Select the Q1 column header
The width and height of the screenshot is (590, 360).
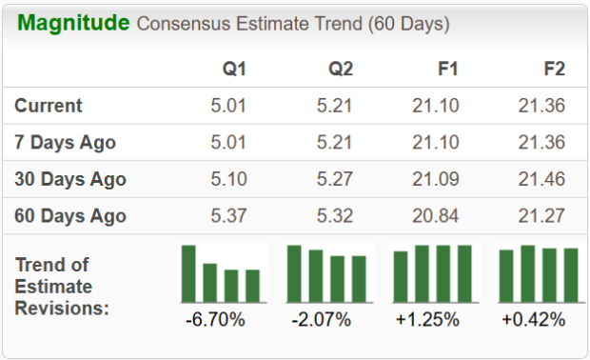[x=232, y=69]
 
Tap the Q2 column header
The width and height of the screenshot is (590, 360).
[x=339, y=69]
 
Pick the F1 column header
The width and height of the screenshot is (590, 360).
[x=445, y=69]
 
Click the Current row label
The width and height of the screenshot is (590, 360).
[x=49, y=106]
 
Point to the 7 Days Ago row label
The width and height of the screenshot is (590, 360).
[x=66, y=143]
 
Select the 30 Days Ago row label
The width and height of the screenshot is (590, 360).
[x=70, y=179]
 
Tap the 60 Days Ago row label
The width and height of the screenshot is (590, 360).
[x=70, y=215]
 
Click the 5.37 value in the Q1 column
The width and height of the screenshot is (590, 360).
[x=228, y=215]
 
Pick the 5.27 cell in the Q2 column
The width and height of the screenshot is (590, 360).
[x=335, y=179]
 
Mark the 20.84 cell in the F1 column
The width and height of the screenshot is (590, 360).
[x=436, y=215]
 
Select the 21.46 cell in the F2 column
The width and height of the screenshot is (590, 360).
[x=542, y=179]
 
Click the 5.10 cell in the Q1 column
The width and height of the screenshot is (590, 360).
[x=228, y=179]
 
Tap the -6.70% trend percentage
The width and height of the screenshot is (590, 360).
[x=215, y=320]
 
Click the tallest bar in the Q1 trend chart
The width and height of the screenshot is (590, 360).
[x=188, y=272]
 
